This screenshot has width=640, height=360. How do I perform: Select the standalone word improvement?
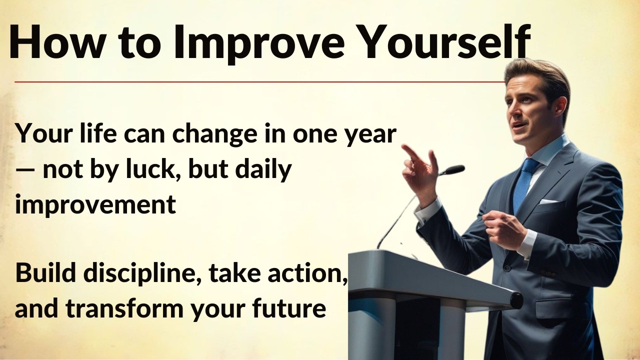(95, 205)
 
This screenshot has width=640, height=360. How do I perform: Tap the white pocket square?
(548, 201)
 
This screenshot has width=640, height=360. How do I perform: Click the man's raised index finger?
(410, 150)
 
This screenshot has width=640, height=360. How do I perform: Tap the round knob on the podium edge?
(516, 300)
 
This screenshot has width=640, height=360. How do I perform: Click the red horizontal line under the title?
(250, 81)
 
